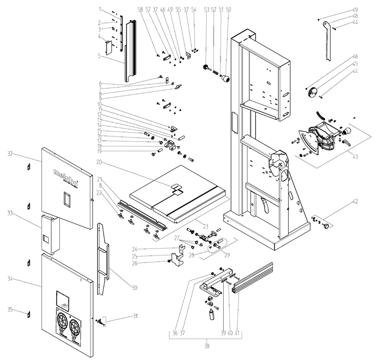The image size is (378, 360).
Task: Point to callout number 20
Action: tap(99, 162)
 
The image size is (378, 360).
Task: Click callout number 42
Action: tap(355, 202)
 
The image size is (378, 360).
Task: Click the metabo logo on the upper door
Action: tap(67, 176)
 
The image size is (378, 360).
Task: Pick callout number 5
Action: tap(99, 55)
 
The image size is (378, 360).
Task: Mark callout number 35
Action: tap(9, 310)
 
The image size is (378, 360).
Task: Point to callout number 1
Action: tap(99, 9)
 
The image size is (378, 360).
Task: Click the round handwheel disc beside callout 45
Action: tap(315, 91)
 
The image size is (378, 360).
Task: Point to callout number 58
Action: tap(140, 9)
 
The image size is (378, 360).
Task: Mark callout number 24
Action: tap(135, 249)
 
